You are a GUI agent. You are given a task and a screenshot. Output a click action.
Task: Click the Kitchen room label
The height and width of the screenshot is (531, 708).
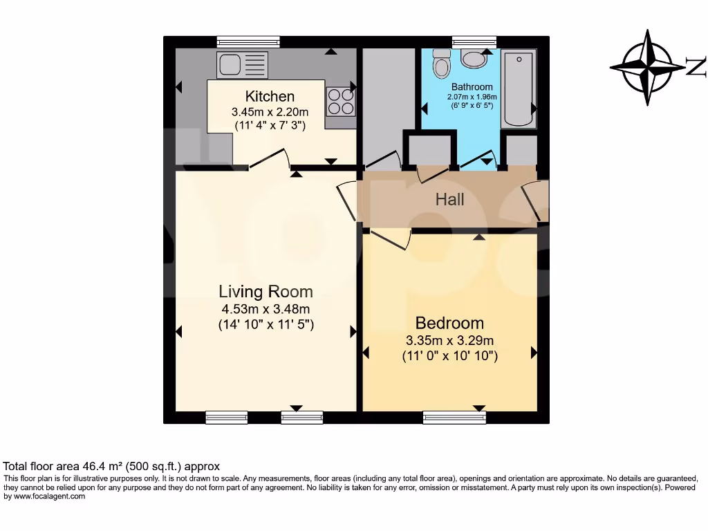tap(270, 96)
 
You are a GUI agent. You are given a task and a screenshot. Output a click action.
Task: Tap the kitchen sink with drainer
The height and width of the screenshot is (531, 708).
tap(242, 66)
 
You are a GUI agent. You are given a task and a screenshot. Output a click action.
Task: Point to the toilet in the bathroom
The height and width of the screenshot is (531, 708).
tap(440, 65)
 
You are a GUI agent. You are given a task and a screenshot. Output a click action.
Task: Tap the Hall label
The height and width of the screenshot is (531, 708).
tap(449, 200)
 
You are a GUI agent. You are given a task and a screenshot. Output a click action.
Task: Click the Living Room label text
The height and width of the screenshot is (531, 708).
tap(265, 291)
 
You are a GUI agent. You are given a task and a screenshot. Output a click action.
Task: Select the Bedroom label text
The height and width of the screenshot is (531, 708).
tap(449, 323)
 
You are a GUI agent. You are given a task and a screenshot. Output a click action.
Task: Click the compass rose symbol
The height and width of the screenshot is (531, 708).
tap(648, 68)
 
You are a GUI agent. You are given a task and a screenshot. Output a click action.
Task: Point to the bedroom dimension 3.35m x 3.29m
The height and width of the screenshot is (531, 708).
tap(449, 340)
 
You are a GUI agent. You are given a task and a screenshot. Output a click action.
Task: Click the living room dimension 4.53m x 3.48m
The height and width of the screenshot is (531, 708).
tap(265, 309)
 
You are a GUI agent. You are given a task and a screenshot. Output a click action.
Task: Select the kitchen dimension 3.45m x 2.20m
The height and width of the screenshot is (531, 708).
tap(270, 111)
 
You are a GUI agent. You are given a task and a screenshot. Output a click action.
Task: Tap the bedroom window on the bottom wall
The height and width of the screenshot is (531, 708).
tap(454, 417)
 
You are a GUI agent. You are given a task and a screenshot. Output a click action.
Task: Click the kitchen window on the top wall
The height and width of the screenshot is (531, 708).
tap(248, 42)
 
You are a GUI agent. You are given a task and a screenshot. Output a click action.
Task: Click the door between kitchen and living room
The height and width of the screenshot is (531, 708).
tap(270, 159)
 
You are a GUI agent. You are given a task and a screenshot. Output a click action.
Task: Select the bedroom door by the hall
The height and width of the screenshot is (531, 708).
tap(387, 239)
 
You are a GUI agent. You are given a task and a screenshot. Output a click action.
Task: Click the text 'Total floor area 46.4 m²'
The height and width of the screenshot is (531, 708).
tap(76, 467)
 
